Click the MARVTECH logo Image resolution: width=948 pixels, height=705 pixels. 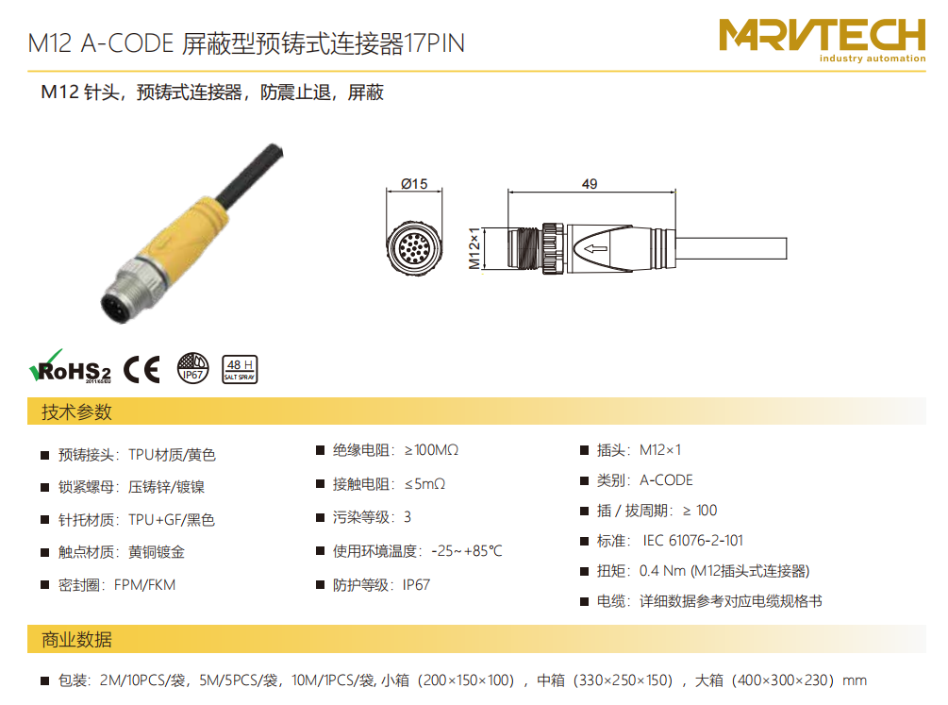(823, 40)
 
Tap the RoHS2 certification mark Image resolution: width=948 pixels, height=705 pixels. (70, 367)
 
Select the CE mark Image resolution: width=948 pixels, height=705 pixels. (142, 369)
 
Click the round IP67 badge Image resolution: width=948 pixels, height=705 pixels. (192, 368)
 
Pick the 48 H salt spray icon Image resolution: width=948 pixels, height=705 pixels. (240, 369)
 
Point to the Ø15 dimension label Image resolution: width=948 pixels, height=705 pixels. (414, 184)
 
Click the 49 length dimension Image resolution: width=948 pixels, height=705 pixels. (590, 184)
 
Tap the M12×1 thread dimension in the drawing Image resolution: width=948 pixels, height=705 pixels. (474, 248)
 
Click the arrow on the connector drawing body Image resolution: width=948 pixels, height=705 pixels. (596, 248)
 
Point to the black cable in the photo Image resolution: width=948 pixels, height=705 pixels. (249, 176)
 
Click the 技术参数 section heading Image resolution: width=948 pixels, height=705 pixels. (76, 412)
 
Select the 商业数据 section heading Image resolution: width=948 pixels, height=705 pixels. (76, 640)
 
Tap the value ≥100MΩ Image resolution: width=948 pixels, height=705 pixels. (432, 450)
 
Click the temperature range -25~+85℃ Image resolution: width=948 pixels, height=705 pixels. (467, 551)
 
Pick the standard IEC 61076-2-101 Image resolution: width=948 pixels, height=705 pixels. (693, 541)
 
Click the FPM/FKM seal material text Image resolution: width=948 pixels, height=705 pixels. (144, 585)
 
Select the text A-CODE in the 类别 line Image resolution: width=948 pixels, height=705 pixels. (666, 480)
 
